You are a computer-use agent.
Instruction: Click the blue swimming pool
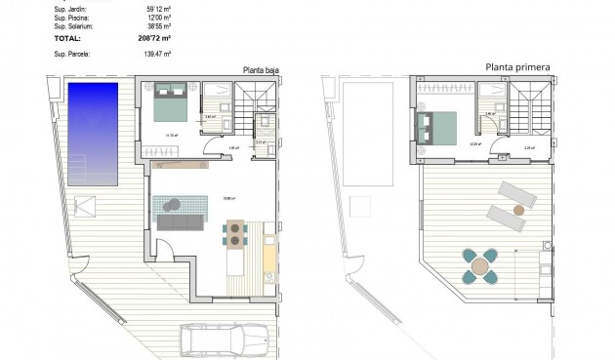[93, 133]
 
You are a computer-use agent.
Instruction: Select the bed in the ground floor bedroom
[172, 100]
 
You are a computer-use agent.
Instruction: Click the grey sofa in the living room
[181, 223]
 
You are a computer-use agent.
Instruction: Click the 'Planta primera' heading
[517, 68]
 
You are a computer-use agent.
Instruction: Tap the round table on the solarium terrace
[482, 264]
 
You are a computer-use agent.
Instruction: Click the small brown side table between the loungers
[519, 208]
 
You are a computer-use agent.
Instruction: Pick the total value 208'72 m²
[153, 38]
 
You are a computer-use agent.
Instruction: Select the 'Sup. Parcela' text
[72, 55]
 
